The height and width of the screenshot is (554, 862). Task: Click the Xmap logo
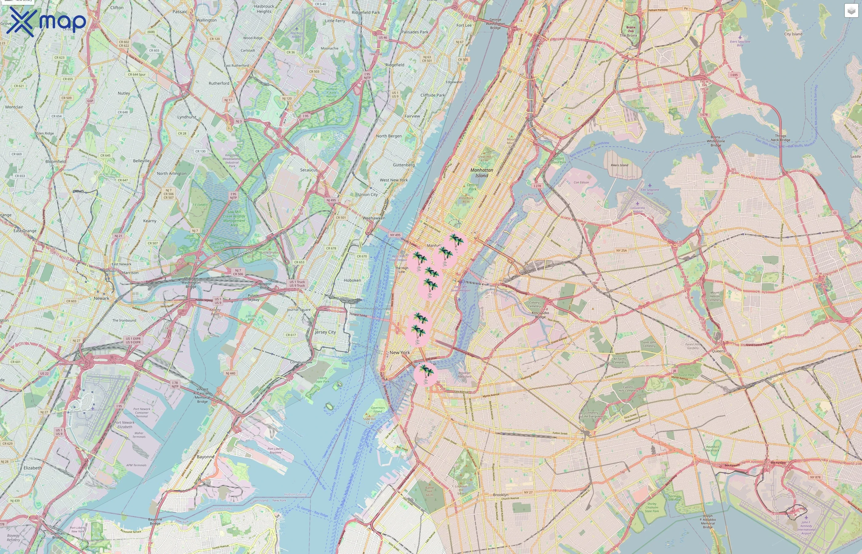46,22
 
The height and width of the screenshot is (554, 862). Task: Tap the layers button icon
851,11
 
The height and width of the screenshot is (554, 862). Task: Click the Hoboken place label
352,280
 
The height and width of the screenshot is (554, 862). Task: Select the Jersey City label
325,332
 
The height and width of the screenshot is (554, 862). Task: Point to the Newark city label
102,298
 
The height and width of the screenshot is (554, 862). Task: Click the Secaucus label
309,170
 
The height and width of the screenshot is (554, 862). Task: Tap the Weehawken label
374,218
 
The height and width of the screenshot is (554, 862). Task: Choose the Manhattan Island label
482,173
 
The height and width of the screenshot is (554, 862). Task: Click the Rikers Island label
619,165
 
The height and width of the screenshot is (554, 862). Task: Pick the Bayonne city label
205,456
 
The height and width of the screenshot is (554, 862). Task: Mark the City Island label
793,34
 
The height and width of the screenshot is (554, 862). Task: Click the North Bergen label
389,136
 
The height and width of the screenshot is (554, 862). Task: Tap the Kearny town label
150,221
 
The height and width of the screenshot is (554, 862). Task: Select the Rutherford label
219,83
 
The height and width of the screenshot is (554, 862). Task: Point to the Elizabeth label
32,468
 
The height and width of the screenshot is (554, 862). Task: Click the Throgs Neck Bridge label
780,138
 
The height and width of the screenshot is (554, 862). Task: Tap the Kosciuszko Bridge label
540,315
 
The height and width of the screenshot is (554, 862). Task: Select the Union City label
368,195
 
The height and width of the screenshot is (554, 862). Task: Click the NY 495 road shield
395,235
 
